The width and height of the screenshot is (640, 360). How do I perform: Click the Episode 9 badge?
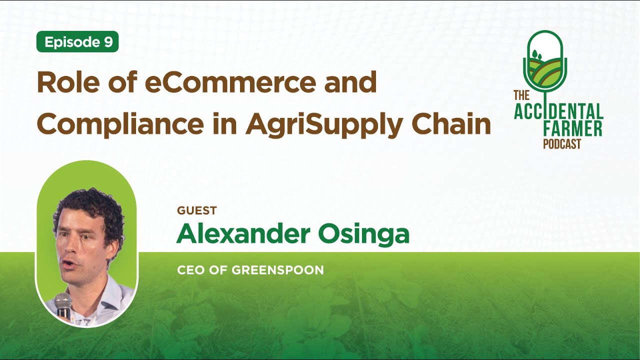tap(77, 42)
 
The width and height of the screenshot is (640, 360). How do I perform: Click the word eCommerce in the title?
tap(231, 83)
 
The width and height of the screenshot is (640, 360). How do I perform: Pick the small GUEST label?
tap(196, 210)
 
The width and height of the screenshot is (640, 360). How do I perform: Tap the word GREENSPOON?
tap(278, 270)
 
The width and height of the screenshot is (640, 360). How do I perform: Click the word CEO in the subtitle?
tap(191, 270)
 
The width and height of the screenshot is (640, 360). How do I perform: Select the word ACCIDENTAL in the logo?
tap(558, 111)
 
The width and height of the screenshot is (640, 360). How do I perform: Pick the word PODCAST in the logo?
tap(562, 144)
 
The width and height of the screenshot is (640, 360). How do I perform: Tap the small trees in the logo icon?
tap(535, 54)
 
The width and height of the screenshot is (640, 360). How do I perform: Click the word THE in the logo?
tap(521, 94)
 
